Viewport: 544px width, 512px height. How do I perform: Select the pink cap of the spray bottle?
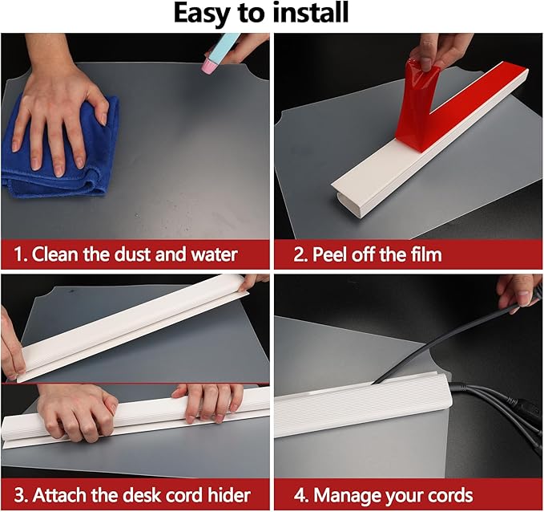pyautogui.click(x=209, y=65)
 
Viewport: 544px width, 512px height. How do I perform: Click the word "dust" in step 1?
pyautogui.click(x=133, y=254)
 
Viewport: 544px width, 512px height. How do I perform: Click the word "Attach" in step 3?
pyautogui.click(x=60, y=495)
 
